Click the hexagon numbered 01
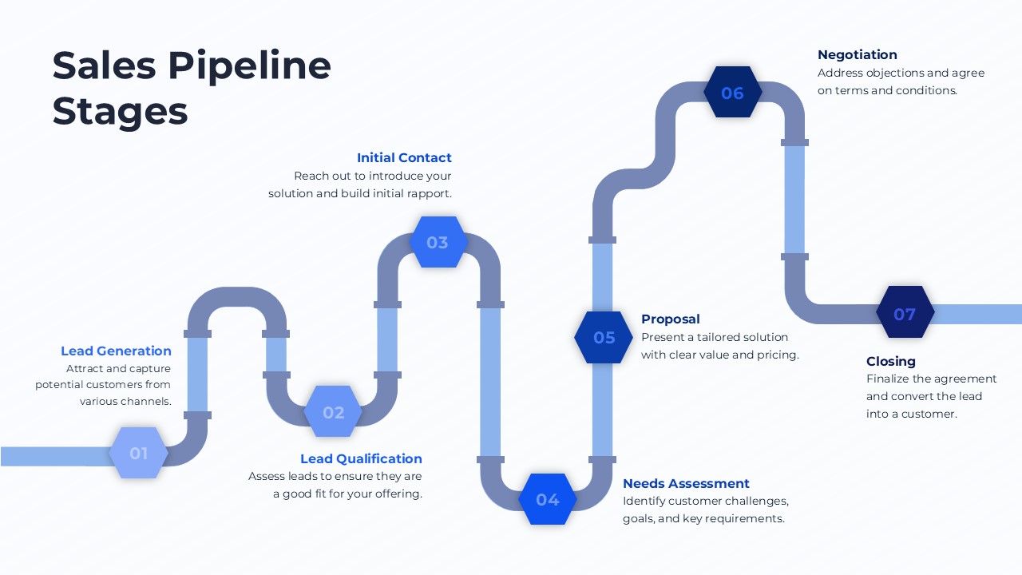pyautogui.click(x=139, y=453)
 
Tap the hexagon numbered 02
pyautogui.click(x=334, y=412)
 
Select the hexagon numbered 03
pyautogui.click(x=438, y=242)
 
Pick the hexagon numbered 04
pyautogui.click(x=548, y=499)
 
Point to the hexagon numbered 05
pyautogui.click(x=604, y=337)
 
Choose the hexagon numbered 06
pyautogui.click(x=732, y=93)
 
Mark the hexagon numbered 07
pyautogui.click(x=905, y=314)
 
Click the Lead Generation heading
pyautogui.click(x=116, y=351)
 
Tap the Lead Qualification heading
pyautogui.click(x=361, y=458)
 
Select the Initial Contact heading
pyautogui.click(x=404, y=157)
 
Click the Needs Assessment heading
pyautogui.click(x=686, y=483)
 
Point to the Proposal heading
pyautogui.click(x=671, y=319)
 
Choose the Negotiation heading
pyautogui.click(x=858, y=54)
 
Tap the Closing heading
pyautogui.click(x=891, y=361)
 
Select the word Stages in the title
pyautogui.click(x=120, y=112)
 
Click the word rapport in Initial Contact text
pyautogui.click(x=430, y=193)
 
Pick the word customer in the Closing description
pyautogui.click(x=929, y=414)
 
